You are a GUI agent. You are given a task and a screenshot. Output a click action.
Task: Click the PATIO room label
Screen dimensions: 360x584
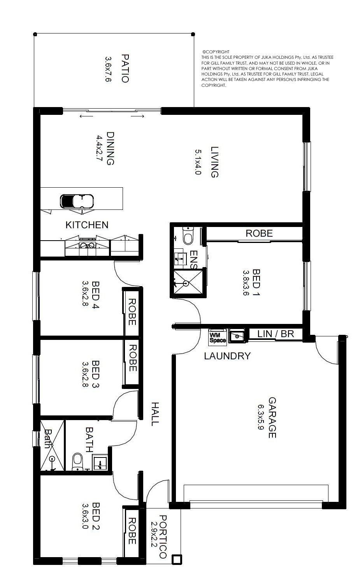pos(125,68)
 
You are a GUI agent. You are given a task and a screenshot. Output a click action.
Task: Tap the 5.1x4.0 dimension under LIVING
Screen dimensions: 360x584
pos(198,162)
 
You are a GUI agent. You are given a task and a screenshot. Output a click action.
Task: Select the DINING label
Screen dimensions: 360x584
pos(111,148)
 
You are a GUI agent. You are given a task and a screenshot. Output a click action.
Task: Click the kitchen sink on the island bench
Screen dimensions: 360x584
pos(77,201)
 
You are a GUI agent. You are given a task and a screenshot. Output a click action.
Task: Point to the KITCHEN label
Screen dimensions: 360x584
pos(87,225)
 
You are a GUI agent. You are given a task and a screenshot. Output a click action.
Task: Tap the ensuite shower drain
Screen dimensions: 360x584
pos(186,283)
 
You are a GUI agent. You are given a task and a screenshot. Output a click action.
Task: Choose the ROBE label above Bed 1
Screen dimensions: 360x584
pos(259,233)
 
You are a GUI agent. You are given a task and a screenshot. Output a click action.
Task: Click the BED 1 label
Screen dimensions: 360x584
pos(256,282)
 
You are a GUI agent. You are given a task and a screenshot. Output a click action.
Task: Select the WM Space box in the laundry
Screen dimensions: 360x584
pos(217,336)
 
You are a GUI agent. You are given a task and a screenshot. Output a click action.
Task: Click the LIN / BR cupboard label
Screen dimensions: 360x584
pos(276,334)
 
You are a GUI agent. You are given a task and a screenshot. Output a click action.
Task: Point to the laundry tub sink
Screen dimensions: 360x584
pos(237,336)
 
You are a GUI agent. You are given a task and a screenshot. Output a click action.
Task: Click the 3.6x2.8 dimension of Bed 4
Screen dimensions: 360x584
pos(85,293)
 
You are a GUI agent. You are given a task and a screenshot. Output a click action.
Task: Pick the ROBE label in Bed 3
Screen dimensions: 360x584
pos(133,358)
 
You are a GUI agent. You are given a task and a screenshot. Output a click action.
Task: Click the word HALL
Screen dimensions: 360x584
pos(155,414)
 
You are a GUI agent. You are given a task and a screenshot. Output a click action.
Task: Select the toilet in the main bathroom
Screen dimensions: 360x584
pos(77,461)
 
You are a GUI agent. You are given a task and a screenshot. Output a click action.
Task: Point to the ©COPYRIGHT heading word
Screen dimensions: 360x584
pos(216,52)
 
